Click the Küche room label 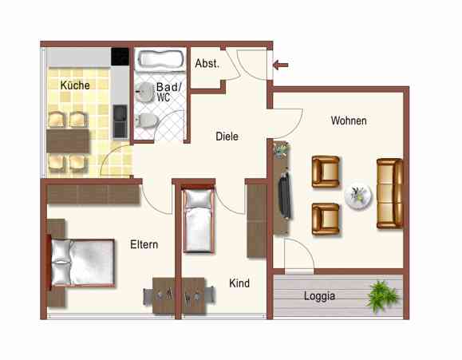point(74,85)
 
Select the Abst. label point(207,64)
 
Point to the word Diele point(227,136)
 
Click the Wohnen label point(349,121)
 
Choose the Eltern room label point(144,245)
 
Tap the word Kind point(239,283)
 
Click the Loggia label point(320,295)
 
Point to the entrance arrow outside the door point(282,64)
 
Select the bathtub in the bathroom point(160,59)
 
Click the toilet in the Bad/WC point(146,121)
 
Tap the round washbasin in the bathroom point(144,90)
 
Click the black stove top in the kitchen point(120,57)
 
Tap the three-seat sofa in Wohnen point(390,193)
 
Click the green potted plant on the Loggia point(382,295)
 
